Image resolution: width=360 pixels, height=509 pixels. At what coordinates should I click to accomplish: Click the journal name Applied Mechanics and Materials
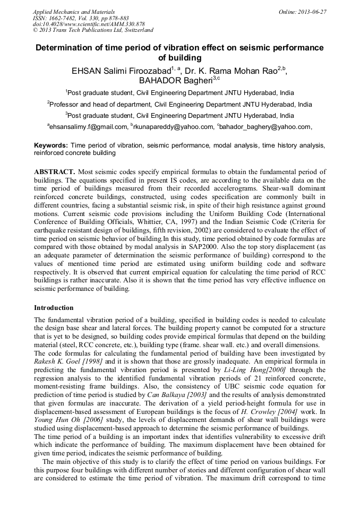coord(74,11)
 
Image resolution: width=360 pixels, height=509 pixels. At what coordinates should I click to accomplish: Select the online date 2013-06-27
coord(310,11)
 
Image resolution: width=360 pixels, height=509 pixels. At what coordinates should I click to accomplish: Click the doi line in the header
coord(89,24)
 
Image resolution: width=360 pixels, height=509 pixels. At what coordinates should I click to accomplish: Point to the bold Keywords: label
coord(51,145)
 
